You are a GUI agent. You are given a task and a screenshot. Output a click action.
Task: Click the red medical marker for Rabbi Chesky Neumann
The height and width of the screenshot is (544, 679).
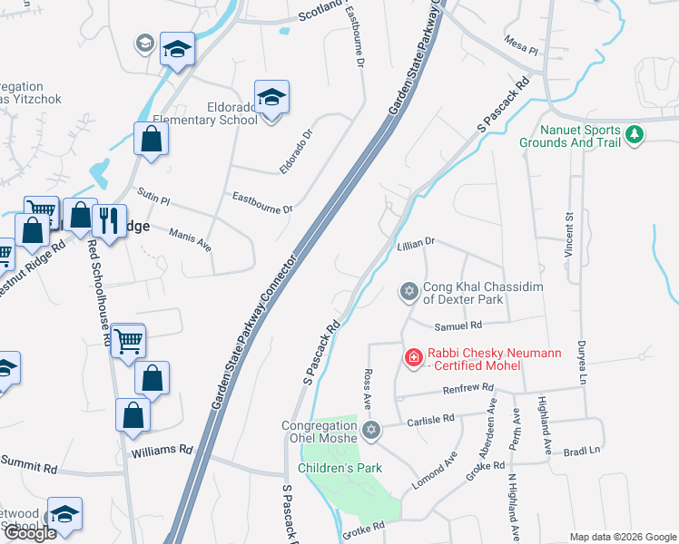click(413, 358)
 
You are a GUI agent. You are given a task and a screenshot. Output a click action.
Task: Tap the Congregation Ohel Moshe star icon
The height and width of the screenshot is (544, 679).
click(369, 429)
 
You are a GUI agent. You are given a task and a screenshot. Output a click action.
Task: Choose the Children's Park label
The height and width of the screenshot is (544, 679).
click(339, 468)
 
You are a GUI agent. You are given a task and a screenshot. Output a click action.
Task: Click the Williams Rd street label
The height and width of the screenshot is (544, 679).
click(162, 449)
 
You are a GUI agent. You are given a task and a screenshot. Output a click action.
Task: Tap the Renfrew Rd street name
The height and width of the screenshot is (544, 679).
click(467, 388)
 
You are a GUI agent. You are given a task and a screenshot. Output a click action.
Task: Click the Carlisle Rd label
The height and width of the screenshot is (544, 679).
click(430, 420)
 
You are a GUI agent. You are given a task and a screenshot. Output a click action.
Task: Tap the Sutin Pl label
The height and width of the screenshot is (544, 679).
click(153, 197)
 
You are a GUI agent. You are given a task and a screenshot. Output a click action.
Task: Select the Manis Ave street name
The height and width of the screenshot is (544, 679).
click(190, 239)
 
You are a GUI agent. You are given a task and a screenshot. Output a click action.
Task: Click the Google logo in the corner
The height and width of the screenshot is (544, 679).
click(30, 533)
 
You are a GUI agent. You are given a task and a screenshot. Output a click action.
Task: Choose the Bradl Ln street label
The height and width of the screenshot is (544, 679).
click(582, 451)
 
